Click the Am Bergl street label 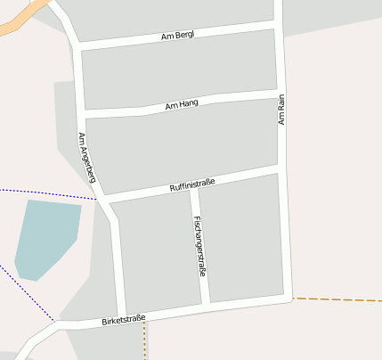[x=178, y=36]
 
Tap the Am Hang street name [x=182, y=105]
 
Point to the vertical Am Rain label [x=281, y=110]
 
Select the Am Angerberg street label [x=86, y=158]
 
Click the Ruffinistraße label [x=191, y=186]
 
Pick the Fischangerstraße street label [x=199, y=246]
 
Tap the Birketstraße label [x=123, y=319]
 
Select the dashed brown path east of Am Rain [x=338, y=300]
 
